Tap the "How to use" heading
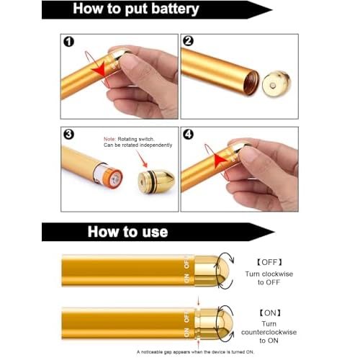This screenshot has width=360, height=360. (127, 232)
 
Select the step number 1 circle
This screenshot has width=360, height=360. (69, 41)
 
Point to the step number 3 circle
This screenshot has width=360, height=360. (69, 135)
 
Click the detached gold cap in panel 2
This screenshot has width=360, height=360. (273, 84)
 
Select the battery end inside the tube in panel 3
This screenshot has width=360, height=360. (112, 175)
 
